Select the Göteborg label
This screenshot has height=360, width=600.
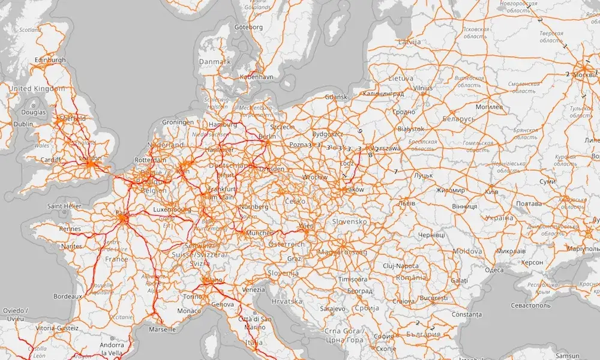[x=248, y=27]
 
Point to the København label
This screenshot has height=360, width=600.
[x=256, y=77]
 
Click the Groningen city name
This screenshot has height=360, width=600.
[x=178, y=122]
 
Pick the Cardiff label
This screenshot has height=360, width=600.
[x=50, y=160]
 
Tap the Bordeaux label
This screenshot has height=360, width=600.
[x=67, y=296]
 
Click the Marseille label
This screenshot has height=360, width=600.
[x=162, y=329]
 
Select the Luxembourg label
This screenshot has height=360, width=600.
[x=172, y=210]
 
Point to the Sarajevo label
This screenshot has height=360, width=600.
[x=332, y=308]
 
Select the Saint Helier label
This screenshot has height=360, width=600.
[x=64, y=206]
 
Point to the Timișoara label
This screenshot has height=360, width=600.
[x=353, y=280]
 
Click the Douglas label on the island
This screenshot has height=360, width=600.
[x=33, y=112]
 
